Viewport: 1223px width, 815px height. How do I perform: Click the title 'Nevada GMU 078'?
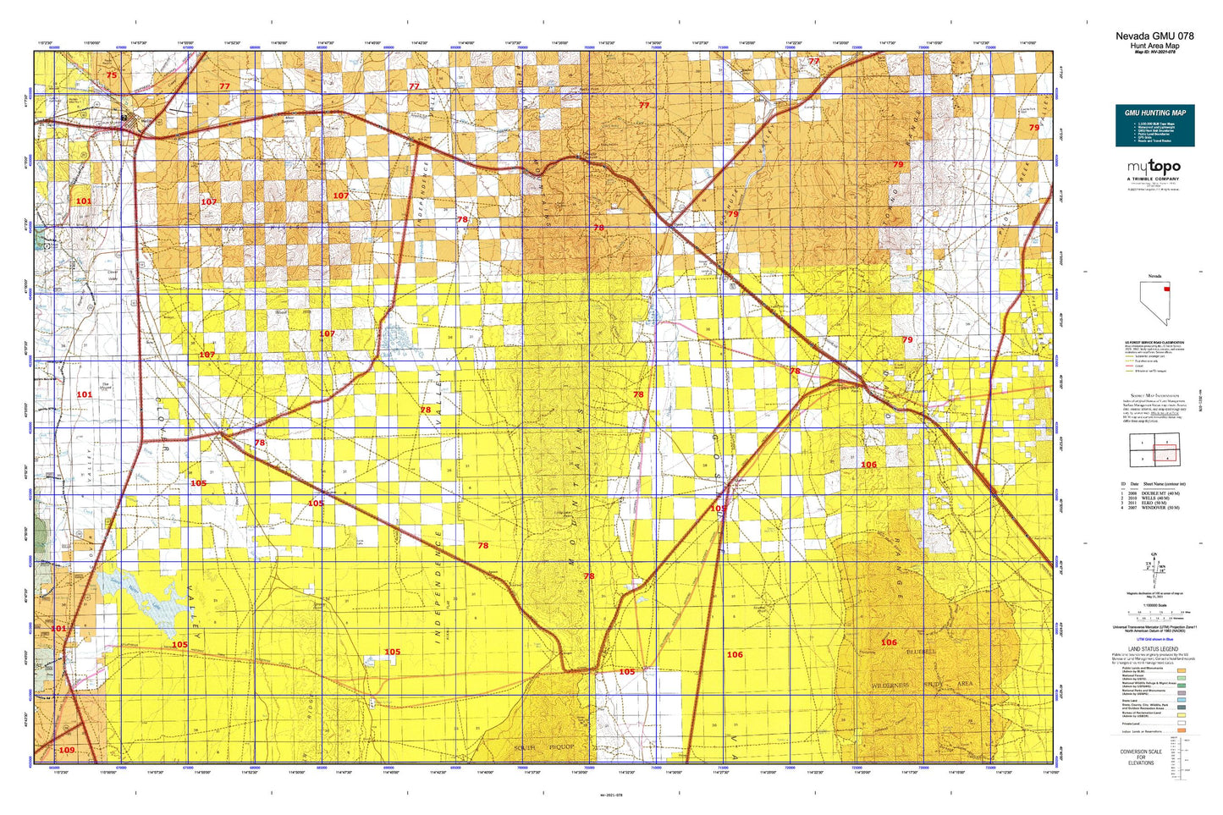pyautogui.click(x=1154, y=36)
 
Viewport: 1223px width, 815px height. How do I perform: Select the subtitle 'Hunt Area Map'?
pyautogui.click(x=1154, y=46)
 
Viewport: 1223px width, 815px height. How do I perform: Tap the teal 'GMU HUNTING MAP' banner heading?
pyautogui.click(x=1154, y=113)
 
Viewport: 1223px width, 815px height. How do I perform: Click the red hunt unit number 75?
pyautogui.click(x=112, y=75)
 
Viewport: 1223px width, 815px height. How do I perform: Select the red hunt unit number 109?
pyautogui.click(x=66, y=750)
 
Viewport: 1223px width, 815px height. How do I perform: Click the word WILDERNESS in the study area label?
pyautogui.click(x=890, y=686)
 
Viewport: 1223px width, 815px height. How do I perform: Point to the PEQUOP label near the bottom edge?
pyautogui.click(x=560, y=747)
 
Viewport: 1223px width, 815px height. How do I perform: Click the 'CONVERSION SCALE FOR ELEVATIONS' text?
pyautogui.click(x=1140, y=757)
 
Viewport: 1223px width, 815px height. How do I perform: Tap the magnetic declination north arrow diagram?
pyautogui.click(x=1153, y=565)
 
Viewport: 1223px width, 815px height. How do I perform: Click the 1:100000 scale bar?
pyautogui.click(x=1154, y=611)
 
